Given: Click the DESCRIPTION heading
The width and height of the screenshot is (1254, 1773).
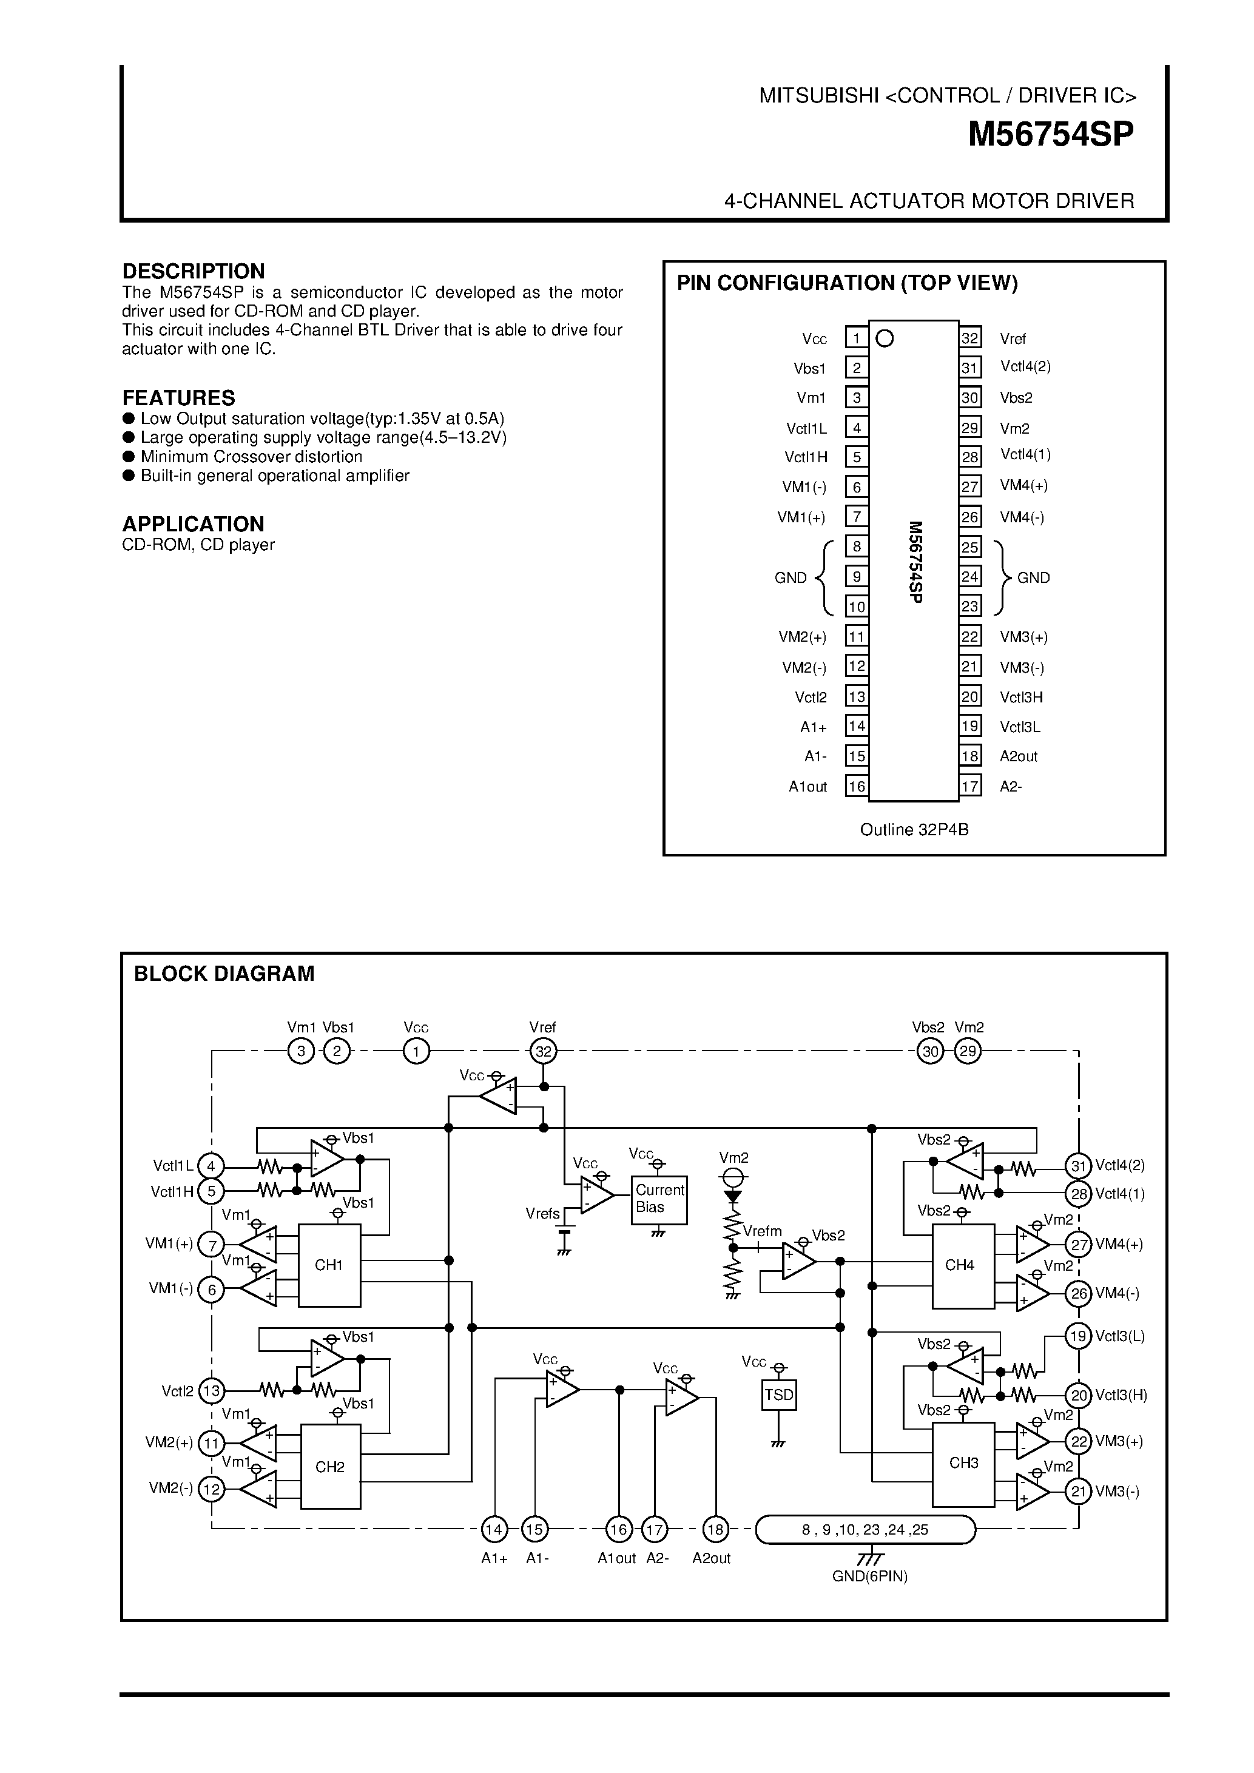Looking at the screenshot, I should pyautogui.click(x=193, y=271).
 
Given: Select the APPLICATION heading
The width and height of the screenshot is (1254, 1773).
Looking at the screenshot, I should pyautogui.click(x=193, y=523).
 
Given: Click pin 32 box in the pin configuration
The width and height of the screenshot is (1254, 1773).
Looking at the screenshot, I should pyautogui.click(x=970, y=338).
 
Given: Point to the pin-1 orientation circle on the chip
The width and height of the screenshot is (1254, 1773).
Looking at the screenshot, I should pyautogui.click(x=885, y=338).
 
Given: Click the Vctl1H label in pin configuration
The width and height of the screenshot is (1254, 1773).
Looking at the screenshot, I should pyautogui.click(x=806, y=457).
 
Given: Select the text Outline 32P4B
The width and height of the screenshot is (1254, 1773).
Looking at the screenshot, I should pyautogui.click(x=914, y=829).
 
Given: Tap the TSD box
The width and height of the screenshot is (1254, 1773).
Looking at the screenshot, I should pyautogui.click(x=778, y=1395).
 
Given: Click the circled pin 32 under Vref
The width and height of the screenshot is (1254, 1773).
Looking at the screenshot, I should pyautogui.click(x=544, y=1051).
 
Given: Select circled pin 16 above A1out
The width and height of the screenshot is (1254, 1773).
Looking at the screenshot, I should pyautogui.click(x=618, y=1529).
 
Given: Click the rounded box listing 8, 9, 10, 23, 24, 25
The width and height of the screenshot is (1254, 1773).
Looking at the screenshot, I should pyautogui.click(x=865, y=1529).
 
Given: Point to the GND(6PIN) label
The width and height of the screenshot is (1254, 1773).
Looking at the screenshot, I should pyautogui.click(x=869, y=1576).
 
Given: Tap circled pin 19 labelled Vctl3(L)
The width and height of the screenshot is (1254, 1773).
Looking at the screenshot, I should pyautogui.click(x=1078, y=1335).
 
